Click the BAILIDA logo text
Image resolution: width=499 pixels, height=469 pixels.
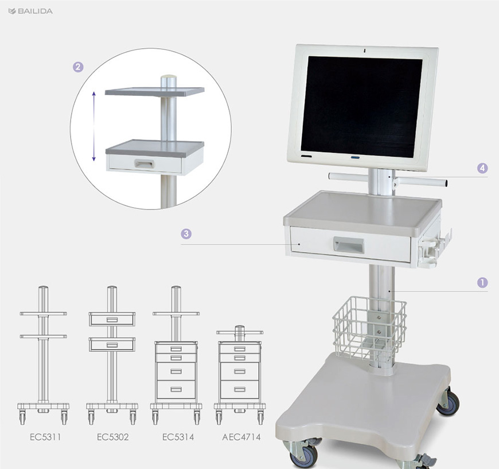click(x=35, y=11)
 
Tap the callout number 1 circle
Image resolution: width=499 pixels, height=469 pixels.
click(x=482, y=282)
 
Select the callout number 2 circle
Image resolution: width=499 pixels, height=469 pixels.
click(x=78, y=67)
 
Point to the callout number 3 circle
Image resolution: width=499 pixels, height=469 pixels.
click(x=186, y=234)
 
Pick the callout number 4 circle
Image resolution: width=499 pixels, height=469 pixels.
click(x=482, y=168)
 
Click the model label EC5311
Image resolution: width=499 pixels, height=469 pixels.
click(x=45, y=437)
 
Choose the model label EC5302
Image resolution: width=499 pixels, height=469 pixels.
click(x=112, y=437)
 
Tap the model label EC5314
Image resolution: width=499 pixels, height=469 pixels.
click(x=178, y=437)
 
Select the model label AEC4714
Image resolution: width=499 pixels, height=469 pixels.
click(x=241, y=437)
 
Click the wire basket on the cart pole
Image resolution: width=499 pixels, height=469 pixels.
click(x=369, y=328)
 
